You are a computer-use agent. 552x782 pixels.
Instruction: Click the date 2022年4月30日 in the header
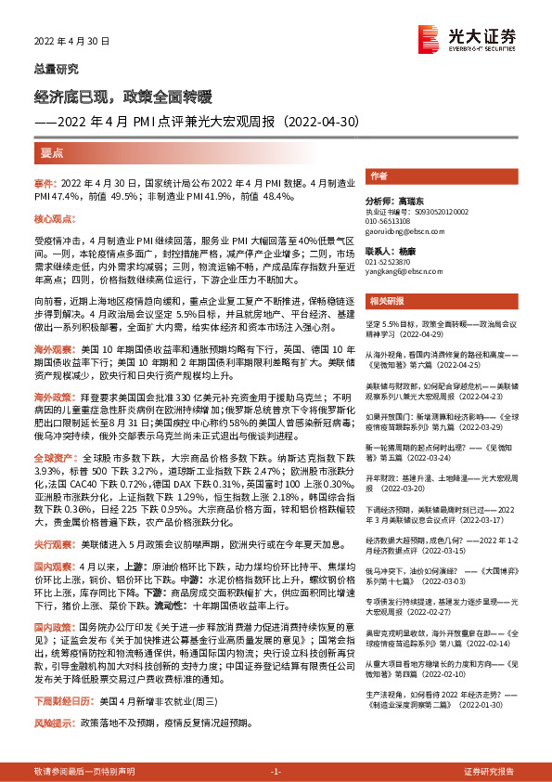[72, 42]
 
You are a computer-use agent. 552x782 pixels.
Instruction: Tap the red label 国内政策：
[52, 628]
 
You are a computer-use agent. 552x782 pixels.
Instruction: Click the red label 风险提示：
[52, 723]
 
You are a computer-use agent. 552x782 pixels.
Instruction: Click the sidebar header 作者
[378, 176]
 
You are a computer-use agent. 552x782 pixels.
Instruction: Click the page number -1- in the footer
[276, 772]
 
